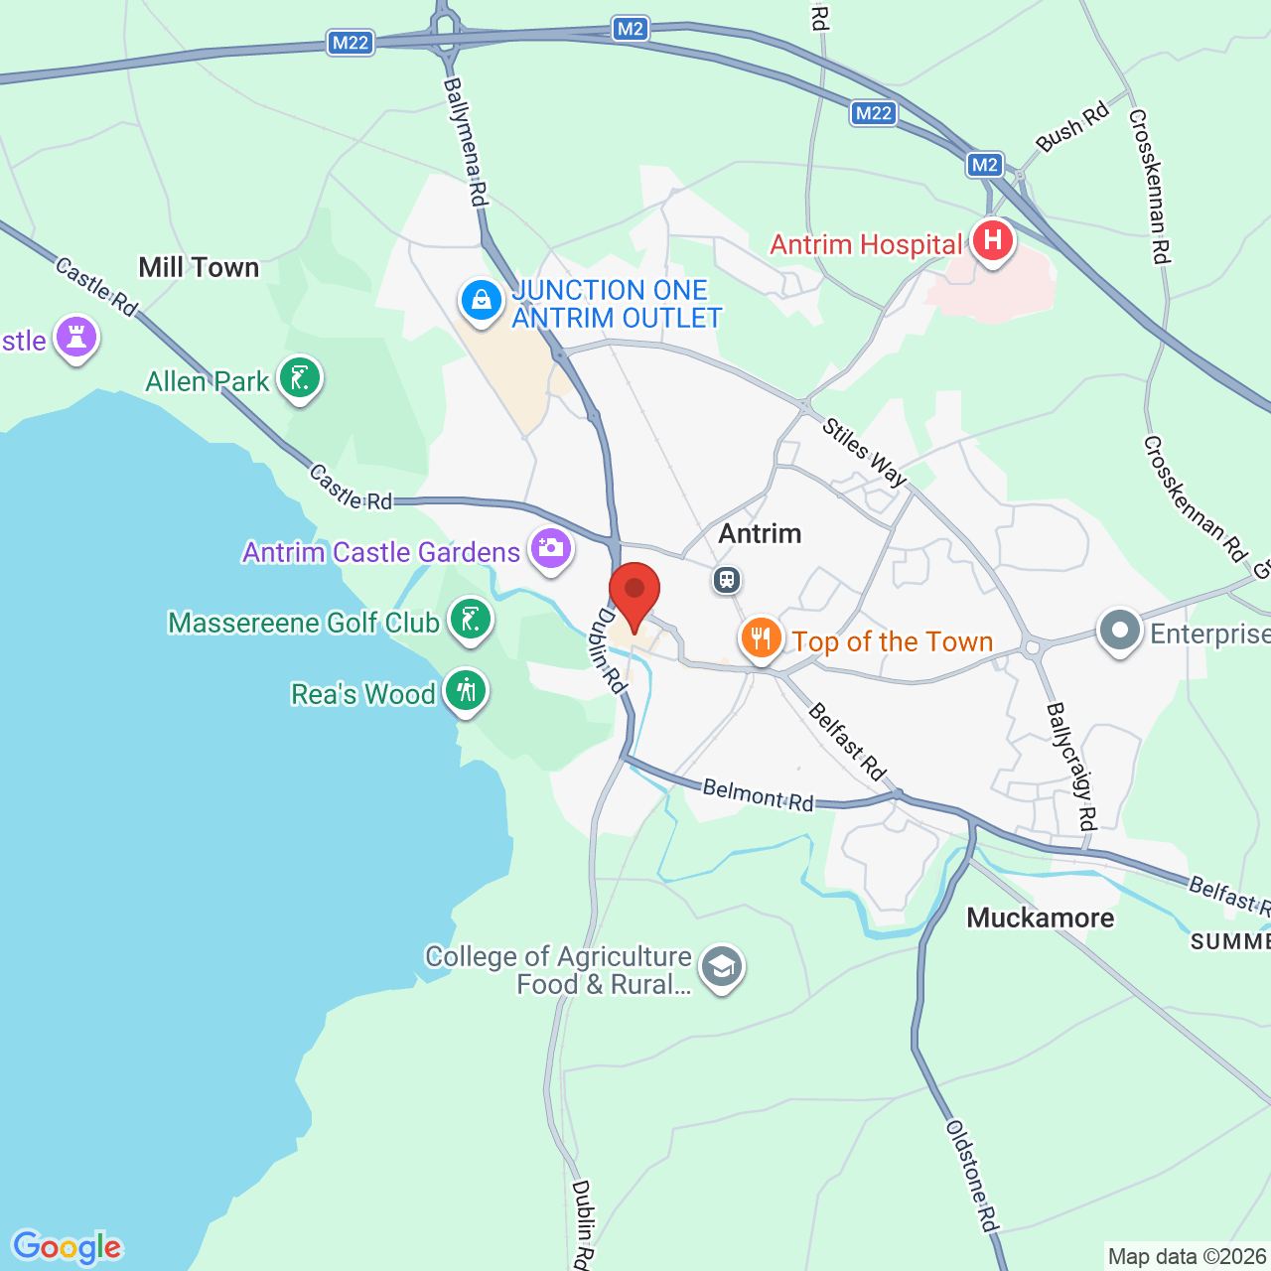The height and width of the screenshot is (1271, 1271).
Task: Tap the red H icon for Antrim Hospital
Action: [992, 240]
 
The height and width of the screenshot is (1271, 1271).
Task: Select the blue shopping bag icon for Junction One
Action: [482, 299]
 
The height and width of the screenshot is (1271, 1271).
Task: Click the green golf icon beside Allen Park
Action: [299, 377]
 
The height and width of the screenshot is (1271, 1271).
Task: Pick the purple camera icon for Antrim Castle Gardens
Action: [550, 547]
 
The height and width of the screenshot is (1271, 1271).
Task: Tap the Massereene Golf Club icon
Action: [470, 619]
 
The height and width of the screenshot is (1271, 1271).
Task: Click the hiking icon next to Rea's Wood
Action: [465, 689]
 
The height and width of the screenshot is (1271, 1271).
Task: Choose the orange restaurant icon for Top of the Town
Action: [761, 637]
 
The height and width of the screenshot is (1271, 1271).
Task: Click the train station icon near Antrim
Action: [727, 579]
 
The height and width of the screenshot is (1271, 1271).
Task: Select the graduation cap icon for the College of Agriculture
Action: [721, 966]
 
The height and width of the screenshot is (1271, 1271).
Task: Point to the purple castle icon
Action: [76, 337]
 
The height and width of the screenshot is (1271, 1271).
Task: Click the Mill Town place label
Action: [199, 267]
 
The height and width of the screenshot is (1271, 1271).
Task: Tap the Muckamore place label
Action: [1040, 918]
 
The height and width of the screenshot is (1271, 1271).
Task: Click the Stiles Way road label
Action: [865, 452]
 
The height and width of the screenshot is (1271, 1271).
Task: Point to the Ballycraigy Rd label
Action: [1071, 766]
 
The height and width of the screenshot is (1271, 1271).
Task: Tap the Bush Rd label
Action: [1072, 127]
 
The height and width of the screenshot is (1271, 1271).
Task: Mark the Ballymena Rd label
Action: [466, 142]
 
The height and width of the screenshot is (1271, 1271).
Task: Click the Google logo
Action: [67, 1247]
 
